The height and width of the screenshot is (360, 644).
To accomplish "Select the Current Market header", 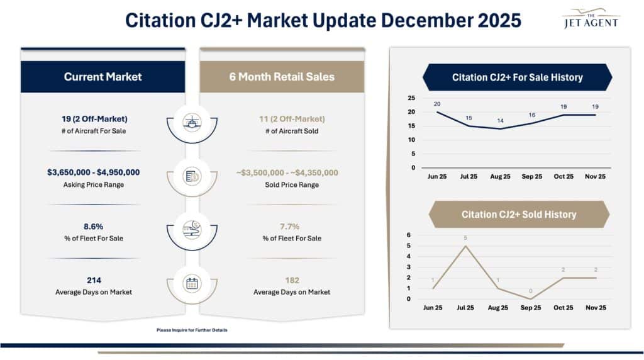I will coord(103,77).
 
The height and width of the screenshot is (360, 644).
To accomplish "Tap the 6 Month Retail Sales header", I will coord(282,77).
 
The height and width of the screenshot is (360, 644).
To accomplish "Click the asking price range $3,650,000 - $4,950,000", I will coord(93,172).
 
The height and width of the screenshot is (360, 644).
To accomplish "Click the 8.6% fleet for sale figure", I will coord(93,226).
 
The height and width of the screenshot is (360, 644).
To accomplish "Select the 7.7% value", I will coord(282,226).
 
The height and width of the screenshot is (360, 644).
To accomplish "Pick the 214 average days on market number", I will coord(93,280).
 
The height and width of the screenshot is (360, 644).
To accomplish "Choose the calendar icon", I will coord(192,283).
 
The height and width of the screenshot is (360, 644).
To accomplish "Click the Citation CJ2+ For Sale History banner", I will coord(517,77).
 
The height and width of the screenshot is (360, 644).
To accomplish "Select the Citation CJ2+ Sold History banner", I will coord(519,215).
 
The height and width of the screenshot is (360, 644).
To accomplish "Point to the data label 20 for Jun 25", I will coord(436,104).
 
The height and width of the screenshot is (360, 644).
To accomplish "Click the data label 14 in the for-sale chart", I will coord(500,120).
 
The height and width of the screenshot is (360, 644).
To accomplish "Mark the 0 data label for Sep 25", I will coord(531,291).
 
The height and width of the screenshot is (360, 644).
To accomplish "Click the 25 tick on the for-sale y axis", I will coord(411,98).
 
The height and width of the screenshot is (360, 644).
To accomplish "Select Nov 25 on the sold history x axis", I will coord(595,308).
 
